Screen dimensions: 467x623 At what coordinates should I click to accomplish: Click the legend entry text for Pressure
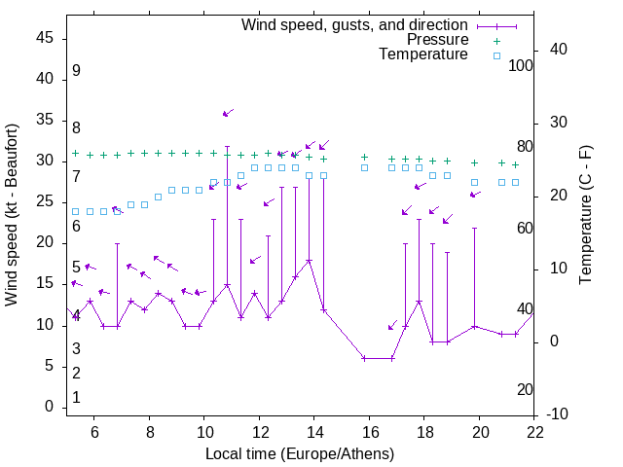(x=437, y=40)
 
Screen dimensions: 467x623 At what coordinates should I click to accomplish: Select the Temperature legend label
(x=423, y=54)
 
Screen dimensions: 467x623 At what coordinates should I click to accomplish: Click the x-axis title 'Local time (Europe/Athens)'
(x=300, y=453)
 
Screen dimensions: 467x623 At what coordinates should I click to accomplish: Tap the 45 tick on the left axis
(x=45, y=37)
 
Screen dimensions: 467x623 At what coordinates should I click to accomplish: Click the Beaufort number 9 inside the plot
(x=76, y=71)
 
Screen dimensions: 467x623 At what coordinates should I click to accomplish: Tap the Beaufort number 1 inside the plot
(x=76, y=398)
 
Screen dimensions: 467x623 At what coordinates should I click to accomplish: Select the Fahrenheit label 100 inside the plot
(x=521, y=65)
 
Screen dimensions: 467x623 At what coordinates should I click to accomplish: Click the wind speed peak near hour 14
(x=310, y=261)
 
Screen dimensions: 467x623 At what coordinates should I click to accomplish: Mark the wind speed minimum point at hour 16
(x=364, y=358)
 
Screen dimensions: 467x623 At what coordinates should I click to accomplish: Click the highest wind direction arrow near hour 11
(x=228, y=114)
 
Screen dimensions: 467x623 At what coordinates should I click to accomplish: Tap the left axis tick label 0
(x=50, y=407)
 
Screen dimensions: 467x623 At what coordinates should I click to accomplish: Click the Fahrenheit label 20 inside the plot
(x=525, y=389)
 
